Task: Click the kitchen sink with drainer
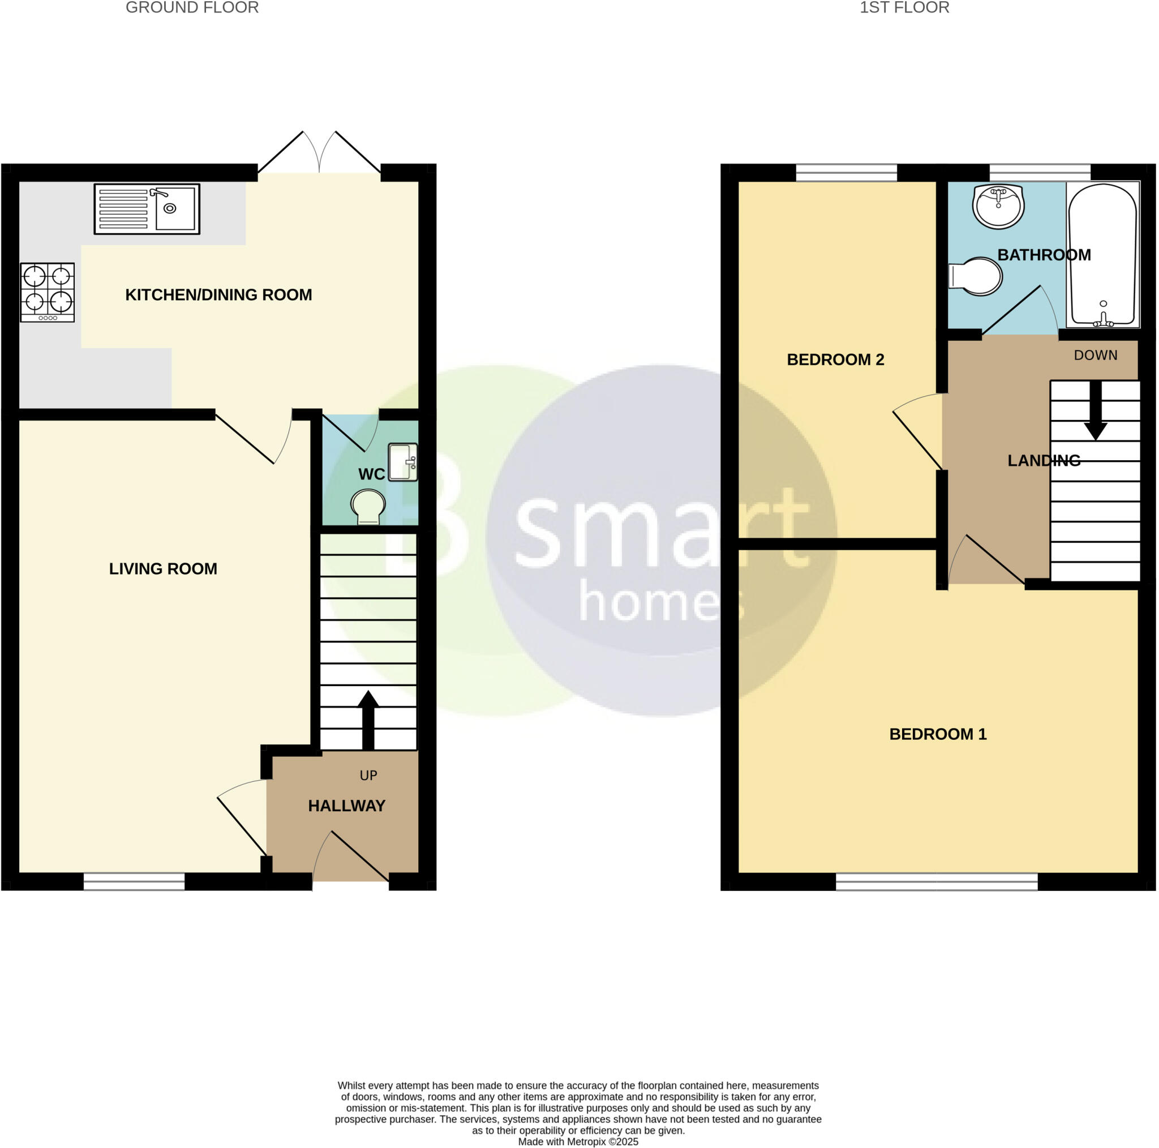coord(147,209)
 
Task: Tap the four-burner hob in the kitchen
coord(48,292)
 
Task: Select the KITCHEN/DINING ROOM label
coord(218,295)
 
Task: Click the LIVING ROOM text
coord(163,569)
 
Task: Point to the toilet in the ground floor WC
coord(368,507)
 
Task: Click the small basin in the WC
coord(403,462)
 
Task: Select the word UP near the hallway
coord(368,776)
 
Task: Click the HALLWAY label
coord(347,806)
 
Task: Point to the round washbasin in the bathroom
coord(998,206)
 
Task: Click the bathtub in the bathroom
coord(1102,255)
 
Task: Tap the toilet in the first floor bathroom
coord(976,277)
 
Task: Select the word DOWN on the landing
coord(1096,355)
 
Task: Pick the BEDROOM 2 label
coord(835,359)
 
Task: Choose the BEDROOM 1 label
coord(938,734)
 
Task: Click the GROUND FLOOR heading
coord(192,8)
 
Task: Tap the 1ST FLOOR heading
coord(904,8)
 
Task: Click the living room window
coord(134,881)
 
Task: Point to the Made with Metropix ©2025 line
coord(578,1142)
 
